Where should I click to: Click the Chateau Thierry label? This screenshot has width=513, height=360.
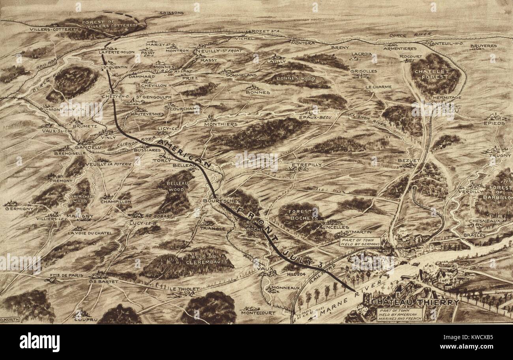click(415, 302)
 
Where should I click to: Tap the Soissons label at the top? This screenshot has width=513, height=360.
click(172, 13)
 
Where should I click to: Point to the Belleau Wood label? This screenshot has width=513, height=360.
click(176, 187)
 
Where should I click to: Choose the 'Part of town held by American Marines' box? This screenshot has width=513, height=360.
click(399, 314)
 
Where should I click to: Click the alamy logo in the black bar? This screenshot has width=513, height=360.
click(39, 342)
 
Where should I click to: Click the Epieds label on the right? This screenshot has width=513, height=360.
click(494, 123)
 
